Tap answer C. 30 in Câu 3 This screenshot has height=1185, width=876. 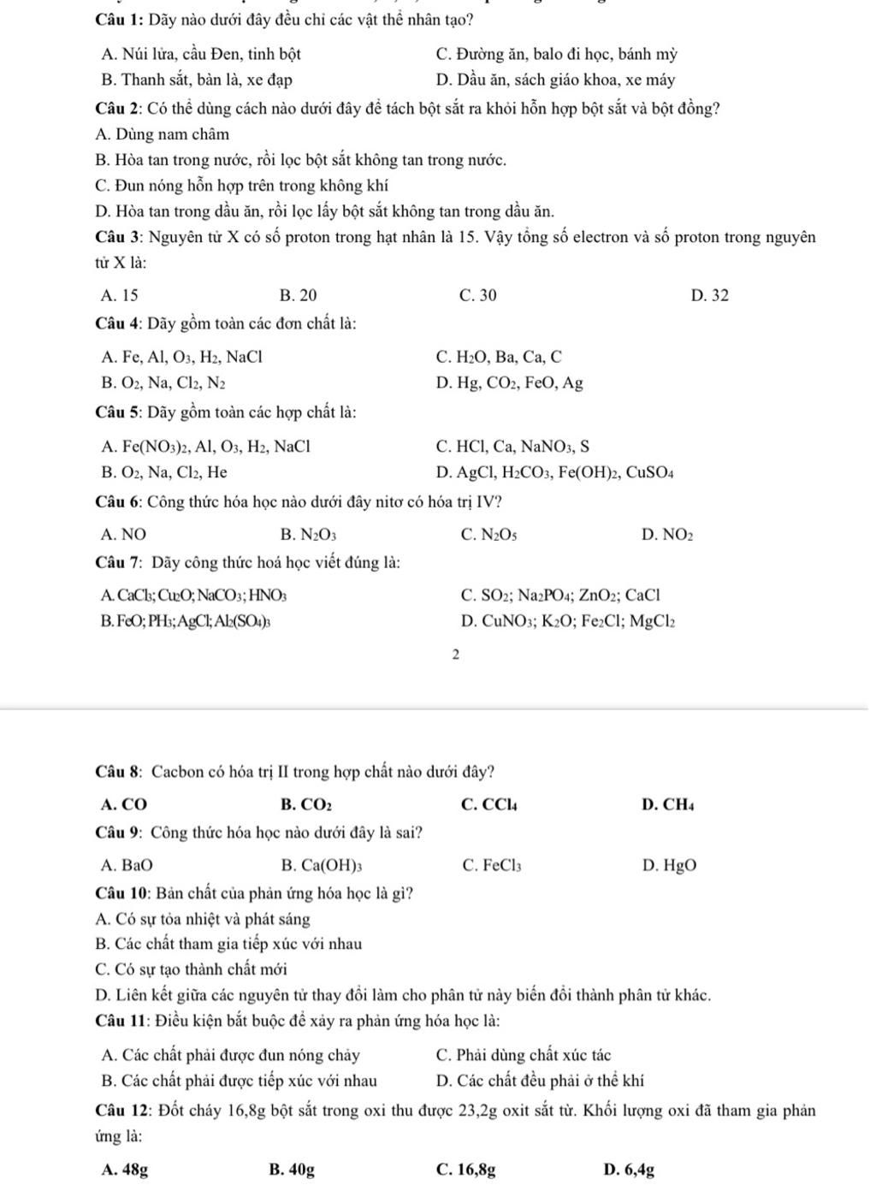477,296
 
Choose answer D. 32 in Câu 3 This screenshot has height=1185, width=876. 710,296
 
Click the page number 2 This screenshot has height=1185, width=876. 455,655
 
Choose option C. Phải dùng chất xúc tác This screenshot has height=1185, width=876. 523,1055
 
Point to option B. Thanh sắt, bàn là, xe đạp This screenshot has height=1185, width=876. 196,80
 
